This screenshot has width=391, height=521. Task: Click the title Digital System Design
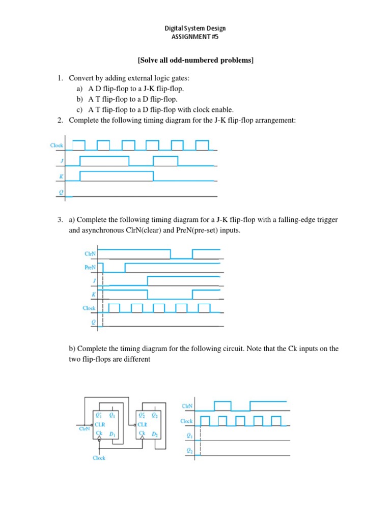(195, 28)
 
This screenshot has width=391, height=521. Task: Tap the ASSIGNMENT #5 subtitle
(195, 37)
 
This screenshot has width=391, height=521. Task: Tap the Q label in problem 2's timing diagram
(61, 192)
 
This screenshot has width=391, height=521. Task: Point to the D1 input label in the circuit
(112, 433)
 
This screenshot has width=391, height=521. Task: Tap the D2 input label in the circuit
(155, 433)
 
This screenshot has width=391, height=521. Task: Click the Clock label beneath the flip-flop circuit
(99, 458)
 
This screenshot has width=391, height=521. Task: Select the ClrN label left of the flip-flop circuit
(84, 429)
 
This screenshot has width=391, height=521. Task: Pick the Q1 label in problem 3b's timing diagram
(189, 436)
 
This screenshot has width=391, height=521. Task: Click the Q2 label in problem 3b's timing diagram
(189, 451)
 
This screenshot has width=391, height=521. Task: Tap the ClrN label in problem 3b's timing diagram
(187, 406)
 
